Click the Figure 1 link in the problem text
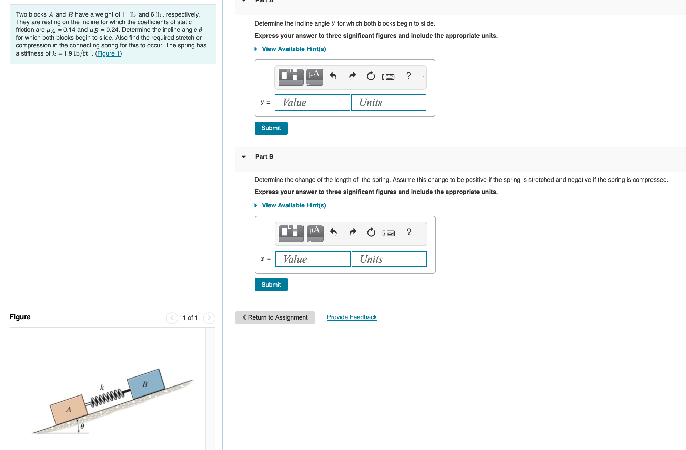pos(108,53)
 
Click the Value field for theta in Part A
pos(312,102)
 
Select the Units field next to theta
pos(389,102)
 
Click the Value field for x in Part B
pos(313,259)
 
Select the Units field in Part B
pos(389,259)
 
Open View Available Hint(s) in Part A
pos(293,49)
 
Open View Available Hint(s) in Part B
pos(293,205)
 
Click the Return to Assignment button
pos(275,317)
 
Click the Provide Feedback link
pos(352,317)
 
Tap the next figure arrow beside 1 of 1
pos(209,318)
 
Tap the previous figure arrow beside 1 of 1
pos(172,318)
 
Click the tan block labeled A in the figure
pos(69,410)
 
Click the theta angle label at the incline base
pos(82,427)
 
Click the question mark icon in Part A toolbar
pos(408,76)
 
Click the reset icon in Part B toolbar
pos(371,233)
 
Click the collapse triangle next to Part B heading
pos(244,157)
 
